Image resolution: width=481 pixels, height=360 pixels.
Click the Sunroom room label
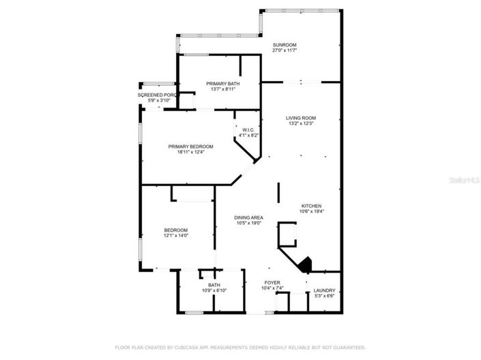click(286, 45)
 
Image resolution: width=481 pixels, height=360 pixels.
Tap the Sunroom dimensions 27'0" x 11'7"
click(286, 50)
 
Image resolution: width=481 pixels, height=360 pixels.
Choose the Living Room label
click(300, 118)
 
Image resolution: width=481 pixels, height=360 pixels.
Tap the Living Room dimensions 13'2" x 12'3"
click(300, 123)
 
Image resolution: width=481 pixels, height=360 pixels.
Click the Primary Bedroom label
click(191, 147)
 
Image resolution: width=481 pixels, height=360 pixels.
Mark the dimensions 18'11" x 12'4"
click(191, 152)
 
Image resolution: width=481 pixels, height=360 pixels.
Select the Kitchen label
click(312, 206)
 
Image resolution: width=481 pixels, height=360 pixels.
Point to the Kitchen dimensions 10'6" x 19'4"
click(312, 211)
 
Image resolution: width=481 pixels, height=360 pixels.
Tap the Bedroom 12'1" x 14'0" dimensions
click(175, 236)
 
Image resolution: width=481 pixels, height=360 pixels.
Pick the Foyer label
click(273, 282)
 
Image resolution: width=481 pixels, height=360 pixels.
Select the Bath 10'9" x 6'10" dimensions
click(214, 291)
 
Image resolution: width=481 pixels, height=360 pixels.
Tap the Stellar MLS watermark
click(463, 180)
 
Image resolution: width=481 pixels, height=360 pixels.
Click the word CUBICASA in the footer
click(181, 346)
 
